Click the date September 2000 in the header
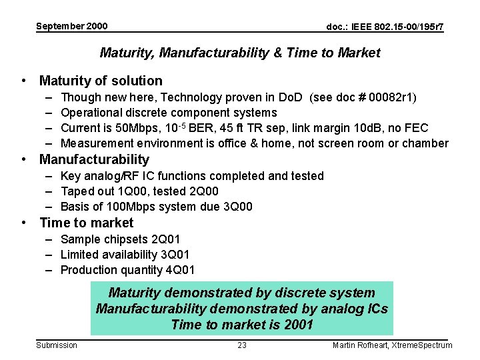click(x=71, y=27)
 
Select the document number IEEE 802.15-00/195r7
click(x=385, y=27)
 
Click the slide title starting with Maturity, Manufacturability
click(x=240, y=53)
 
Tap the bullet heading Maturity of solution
click(x=101, y=81)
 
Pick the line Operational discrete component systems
click(x=168, y=113)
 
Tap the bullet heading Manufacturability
click(x=94, y=159)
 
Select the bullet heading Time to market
click(x=87, y=223)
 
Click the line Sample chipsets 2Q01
click(x=120, y=239)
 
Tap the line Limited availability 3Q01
click(x=125, y=255)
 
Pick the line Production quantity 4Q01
click(x=127, y=270)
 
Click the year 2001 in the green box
click(x=299, y=325)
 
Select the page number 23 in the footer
click(x=242, y=345)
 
